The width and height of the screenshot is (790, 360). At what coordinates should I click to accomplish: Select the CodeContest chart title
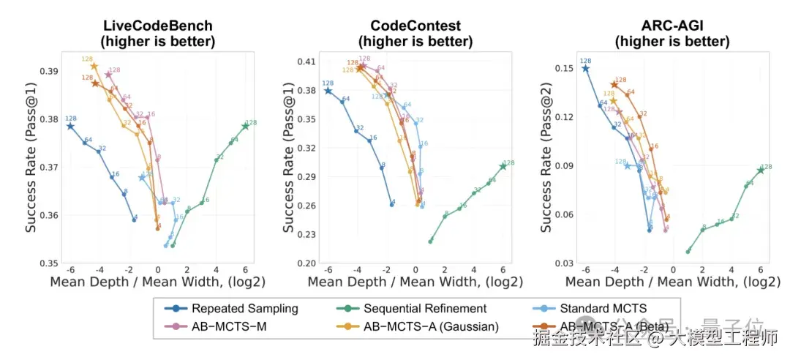coord(410,26)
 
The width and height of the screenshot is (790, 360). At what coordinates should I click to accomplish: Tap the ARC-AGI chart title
coord(664,26)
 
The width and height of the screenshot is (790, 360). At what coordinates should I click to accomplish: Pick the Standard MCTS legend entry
coord(610,309)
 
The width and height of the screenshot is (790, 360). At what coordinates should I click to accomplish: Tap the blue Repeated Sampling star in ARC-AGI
coord(585,68)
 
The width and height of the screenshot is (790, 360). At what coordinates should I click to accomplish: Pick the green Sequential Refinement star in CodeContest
coord(503,167)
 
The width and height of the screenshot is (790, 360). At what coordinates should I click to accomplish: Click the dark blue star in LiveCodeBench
coord(70,126)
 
